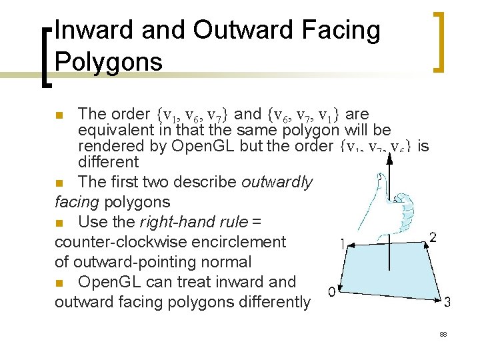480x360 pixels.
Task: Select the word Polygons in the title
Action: coord(109,62)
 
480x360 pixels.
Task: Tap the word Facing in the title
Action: coord(341,31)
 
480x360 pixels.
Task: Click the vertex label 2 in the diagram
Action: coord(433,237)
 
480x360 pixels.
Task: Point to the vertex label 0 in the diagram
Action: coord(331,291)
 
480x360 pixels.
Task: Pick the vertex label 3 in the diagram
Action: coord(447,301)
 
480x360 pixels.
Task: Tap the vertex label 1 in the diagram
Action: coord(343,245)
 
